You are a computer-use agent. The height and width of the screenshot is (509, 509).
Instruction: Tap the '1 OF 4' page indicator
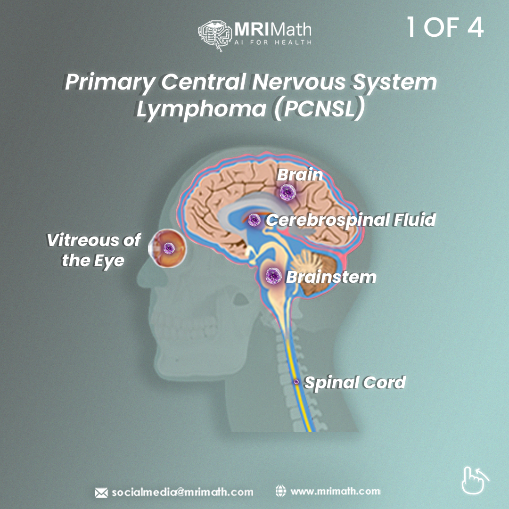[445, 28]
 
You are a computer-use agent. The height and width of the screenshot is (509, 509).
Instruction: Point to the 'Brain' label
[300, 175]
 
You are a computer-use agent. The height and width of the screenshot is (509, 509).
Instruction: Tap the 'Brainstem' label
[331, 277]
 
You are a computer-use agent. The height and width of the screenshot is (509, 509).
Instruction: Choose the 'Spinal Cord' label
[355, 382]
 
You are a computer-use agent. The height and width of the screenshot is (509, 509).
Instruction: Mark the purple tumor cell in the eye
[168, 247]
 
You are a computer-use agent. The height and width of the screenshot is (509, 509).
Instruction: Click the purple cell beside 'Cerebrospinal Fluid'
[254, 219]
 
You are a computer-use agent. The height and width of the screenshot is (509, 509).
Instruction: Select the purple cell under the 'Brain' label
[287, 192]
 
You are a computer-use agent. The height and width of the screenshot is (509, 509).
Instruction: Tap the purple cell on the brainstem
[273, 276]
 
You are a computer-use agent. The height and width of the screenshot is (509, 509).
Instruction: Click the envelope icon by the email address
[101, 493]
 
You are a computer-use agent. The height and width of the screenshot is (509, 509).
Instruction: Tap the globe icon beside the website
[280, 491]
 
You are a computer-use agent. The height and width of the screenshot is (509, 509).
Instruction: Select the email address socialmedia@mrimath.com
[182, 492]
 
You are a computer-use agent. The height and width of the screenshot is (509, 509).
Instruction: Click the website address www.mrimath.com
[335, 492]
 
